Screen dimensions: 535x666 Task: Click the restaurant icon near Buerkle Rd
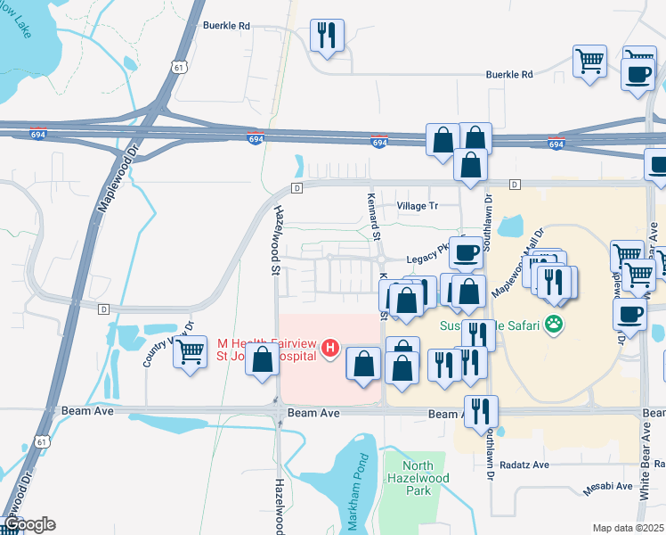pos(326,36)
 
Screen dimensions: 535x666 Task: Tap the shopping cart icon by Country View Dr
pos(190,352)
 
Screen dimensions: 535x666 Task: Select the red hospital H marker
pos(330,346)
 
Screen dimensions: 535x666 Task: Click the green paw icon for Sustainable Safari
pos(556,325)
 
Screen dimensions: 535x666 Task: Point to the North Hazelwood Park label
pos(418,477)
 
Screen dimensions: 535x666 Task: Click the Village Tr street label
pos(418,206)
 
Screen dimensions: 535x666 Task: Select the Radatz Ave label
pos(528,465)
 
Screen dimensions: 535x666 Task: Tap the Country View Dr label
pos(157,342)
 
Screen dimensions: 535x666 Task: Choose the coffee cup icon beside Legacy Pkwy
pos(465,252)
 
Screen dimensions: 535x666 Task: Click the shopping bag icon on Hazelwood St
pos(263,361)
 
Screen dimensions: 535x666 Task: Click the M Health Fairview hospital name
pos(267,346)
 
